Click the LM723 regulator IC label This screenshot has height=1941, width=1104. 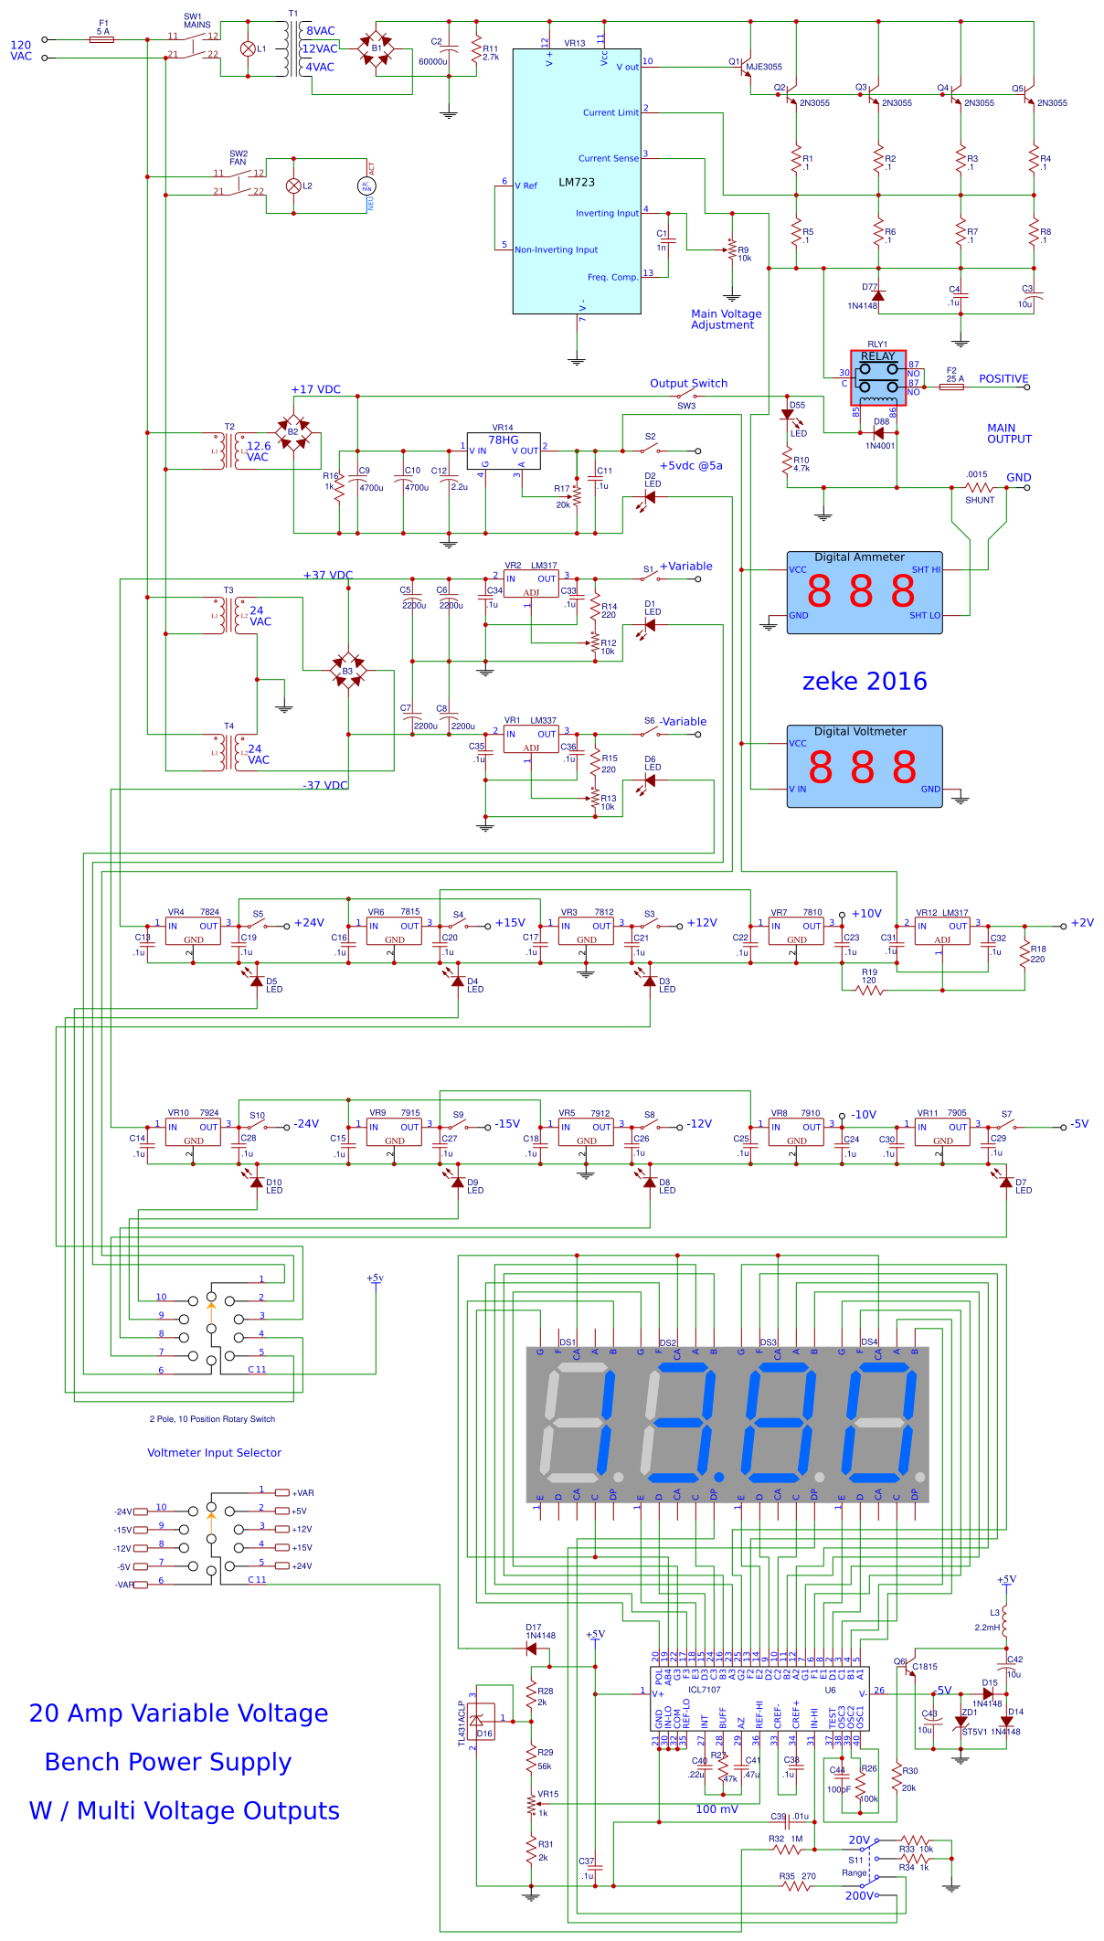tap(577, 182)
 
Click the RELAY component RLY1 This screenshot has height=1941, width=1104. tap(878, 377)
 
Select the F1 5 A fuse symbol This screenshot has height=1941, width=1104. tap(103, 39)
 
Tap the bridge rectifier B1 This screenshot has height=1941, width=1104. tap(376, 48)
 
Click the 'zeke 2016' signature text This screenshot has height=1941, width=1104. tap(864, 681)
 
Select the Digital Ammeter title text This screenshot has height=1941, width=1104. tap(859, 557)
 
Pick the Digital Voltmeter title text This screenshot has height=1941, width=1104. tap(860, 731)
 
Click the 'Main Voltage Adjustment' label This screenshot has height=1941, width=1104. tap(726, 319)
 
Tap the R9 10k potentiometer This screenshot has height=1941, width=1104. tap(732, 249)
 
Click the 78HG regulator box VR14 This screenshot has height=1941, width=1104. tap(504, 451)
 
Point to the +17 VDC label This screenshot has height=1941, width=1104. tap(315, 389)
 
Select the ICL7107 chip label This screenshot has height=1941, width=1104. tap(704, 1690)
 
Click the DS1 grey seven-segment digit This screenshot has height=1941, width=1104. tap(578, 1424)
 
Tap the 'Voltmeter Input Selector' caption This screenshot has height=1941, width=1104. tap(214, 1452)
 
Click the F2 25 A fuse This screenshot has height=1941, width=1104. tap(951, 387)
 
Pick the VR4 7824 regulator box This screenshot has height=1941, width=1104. tap(193, 931)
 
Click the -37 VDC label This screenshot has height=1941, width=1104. tap(324, 785)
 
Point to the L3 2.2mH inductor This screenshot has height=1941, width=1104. tap(1004, 1620)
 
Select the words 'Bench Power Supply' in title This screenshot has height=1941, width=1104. tap(168, 1761)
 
